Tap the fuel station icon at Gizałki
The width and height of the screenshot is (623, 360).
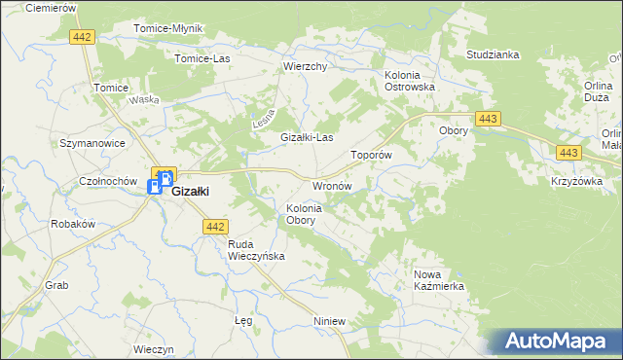click(156, 187)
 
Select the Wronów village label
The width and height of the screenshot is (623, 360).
click(331, 185)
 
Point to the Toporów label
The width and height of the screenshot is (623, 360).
click(371, 155)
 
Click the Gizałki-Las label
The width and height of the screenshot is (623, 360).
click(308, 137)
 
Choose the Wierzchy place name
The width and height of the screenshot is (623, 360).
click(305, 66)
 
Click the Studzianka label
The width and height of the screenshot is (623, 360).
click(494, 54)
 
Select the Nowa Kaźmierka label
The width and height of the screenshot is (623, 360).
click(439, 280)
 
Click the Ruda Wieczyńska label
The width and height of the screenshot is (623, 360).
click(255, 250)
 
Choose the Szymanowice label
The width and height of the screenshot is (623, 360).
click(92, 143)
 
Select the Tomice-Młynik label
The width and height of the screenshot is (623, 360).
click(167, 28)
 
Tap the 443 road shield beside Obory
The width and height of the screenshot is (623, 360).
click(490, 119)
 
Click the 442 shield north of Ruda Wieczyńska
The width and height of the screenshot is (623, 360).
click(216, 227)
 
